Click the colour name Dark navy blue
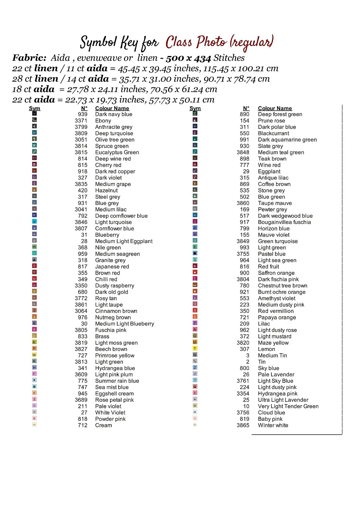click(x=113, y=114)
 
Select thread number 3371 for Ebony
click(x=81, y=121)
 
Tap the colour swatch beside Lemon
click(x=195, y=348)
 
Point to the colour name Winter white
click(x=273, y=426)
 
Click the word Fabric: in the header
click(x=29, y=58)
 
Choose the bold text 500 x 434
click(x=188, y=58)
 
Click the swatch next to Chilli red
click(x=34, y=279)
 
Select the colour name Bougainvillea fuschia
click(x=284, y=222)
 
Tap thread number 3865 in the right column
click(x=243, y=426)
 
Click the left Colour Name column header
click(x=112, y=108)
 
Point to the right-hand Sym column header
click(x=195, y=108)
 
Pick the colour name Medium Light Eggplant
click(x=124, y=241)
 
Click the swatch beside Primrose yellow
click(x=34, y=355)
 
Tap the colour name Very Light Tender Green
click(x=288, y=407)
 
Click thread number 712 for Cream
click(x=83, y=426)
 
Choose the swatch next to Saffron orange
click(x=195, y=272)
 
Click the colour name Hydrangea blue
click(x=115, y=368)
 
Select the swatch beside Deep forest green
click(x=195, y=114)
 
